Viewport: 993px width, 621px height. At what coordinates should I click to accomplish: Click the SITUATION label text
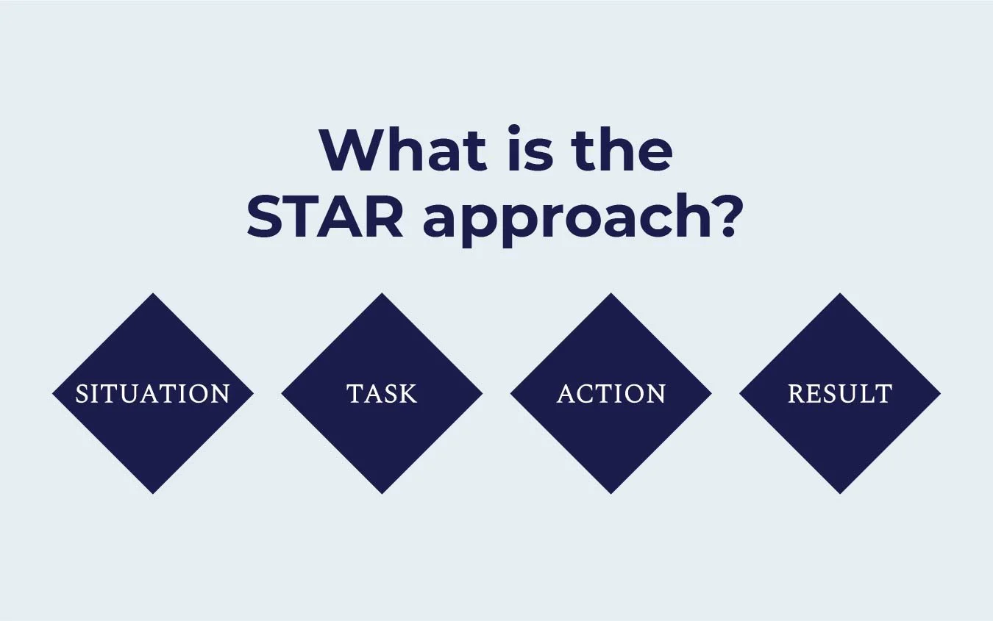(x=153, y=394)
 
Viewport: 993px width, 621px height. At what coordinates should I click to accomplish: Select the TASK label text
(x=382, y=394)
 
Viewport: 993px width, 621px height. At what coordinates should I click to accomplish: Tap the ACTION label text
(x=611, y=394)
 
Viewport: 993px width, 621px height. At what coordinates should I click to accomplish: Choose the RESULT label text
(x=840, y=394)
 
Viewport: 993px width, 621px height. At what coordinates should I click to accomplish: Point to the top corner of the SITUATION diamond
(x=153, y=295)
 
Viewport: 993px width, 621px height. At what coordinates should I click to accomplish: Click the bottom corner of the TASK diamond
(x=382, y=492)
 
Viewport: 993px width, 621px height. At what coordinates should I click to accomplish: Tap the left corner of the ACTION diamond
(x=512, y=394)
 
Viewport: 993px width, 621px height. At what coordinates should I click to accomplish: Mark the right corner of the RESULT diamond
(x=939, y=394)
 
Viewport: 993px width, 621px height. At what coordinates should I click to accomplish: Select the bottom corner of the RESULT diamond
(x=840, y=492)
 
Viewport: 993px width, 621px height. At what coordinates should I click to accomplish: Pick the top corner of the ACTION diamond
(x=611, y=295)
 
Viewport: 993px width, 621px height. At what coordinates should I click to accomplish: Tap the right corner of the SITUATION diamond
(x=252, y=394)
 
